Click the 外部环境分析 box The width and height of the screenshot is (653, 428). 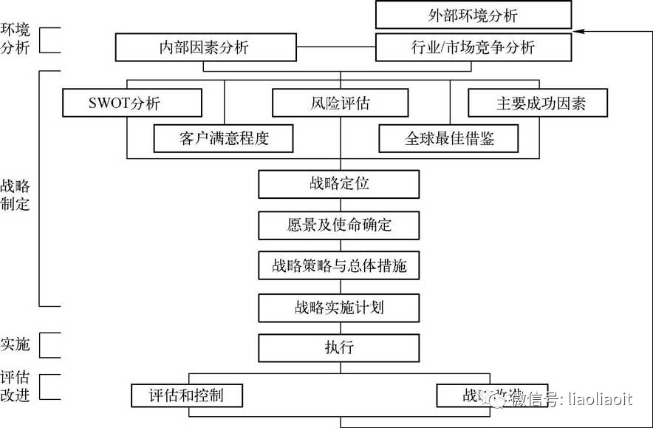click(473, 15)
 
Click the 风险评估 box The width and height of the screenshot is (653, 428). click(340, 103)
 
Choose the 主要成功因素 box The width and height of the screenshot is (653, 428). click(537, 103)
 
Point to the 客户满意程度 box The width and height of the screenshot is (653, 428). click(224, 138)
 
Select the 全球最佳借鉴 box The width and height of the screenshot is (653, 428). click(448, 138)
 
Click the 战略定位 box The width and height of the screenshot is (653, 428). click(339, 184)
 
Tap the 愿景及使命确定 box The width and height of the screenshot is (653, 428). click(339, 225)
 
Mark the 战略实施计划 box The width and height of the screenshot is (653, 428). click(339, 307)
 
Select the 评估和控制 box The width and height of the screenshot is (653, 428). click(187, 395)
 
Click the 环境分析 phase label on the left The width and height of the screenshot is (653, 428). click(16, 40)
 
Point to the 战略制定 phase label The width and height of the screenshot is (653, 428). click(16, 194)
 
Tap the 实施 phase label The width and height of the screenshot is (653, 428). click(16, 344)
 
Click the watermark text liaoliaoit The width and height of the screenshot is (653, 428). click(598, 400)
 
